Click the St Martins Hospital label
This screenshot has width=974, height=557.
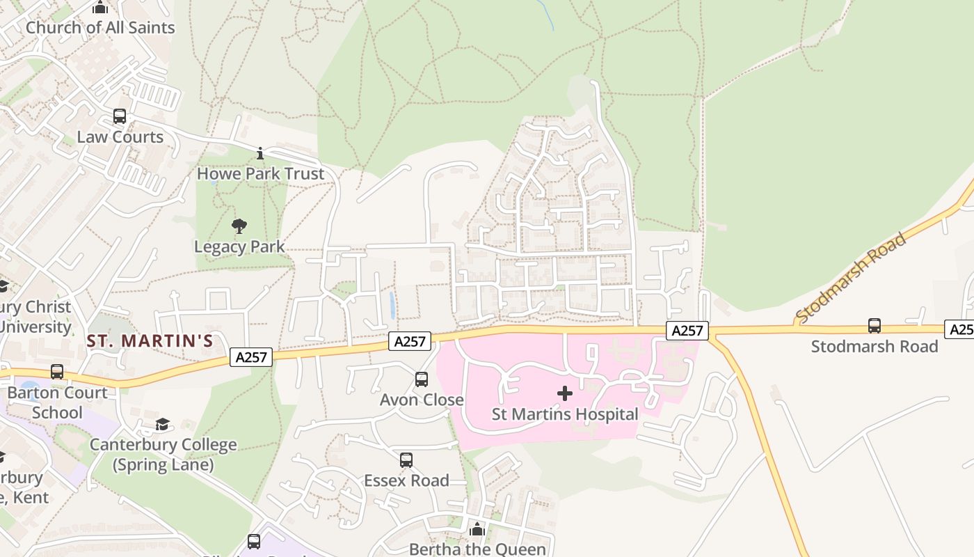pyautogui.click(x=564, y=414)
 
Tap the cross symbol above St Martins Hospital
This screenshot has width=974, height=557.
pyautogui.click(x=565, y=394)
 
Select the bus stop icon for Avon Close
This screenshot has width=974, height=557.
pyautogui.click(x=422, y=379)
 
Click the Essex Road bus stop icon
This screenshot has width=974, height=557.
pyautogui.click(x=406, y=460)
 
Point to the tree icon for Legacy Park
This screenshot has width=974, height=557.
pyautogui.click(x=239, y=226)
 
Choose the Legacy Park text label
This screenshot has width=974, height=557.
pyautogui.click(x=239, y=246)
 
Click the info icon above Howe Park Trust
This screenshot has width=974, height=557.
pyautogui.click(x=260, y=153)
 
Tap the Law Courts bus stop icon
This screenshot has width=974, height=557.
pyautogui.click(x=120, y=116)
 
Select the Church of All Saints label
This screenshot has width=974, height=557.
pyautogui.click(x=100, y=28)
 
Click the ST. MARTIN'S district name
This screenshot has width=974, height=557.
pyautogui.click(x=150, y=341)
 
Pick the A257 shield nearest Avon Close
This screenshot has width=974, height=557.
pyautogui.click(x=410, y=341)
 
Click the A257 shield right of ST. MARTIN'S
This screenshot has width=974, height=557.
pyautogui.click(x=251, y=357)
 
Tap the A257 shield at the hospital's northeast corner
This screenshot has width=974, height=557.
pyautogui.click(x=687, y=331)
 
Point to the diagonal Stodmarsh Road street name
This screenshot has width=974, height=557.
pyautogui.click(x=852, y=278)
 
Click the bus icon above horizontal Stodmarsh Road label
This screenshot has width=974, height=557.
pyautogui.click(x=875, y=325)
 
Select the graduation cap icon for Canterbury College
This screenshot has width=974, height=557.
pyautogui.click(x=163, y=424)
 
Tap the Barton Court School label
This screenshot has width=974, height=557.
pyautogui.click(x=57, y=402)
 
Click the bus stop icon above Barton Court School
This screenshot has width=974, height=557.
pyautogui.click(x=57, y=372)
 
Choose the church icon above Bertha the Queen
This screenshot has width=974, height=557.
pyautogui.click(x=477, y=529)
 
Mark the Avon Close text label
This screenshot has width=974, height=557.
pyautogui.click(x=422, y=400)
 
